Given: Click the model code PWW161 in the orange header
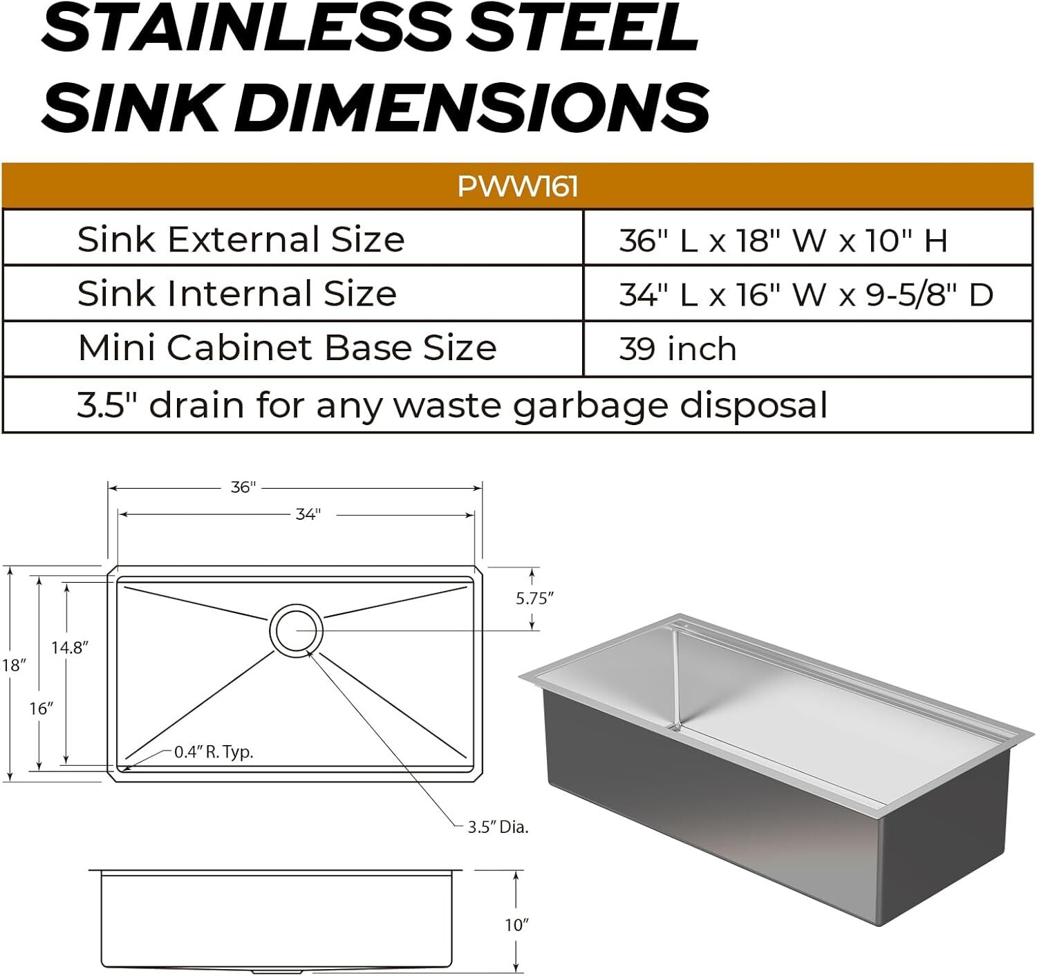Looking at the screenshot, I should (517, 186).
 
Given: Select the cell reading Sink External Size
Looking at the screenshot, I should (241, 239).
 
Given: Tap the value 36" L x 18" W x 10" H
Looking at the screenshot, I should (783, 241).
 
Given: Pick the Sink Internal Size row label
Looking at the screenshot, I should (236, 293).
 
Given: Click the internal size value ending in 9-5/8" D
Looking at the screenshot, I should (806, 294).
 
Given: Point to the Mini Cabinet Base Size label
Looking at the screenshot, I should (287, 347).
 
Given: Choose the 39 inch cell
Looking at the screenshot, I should (678, 348).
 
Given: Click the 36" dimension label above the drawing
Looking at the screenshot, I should (243, 487).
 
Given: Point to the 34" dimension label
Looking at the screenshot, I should (308, 514).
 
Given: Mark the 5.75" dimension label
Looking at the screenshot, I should (534, 599).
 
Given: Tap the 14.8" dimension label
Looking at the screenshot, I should (70, 648).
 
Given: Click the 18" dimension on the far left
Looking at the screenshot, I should (14, 666).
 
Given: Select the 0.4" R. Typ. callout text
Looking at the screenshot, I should (214, 752).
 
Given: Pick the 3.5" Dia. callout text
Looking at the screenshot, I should (498, 827).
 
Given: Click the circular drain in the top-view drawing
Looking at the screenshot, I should (296, 630).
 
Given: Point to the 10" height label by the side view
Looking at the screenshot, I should (516, 925).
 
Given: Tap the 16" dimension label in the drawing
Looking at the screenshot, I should (41, 708).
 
